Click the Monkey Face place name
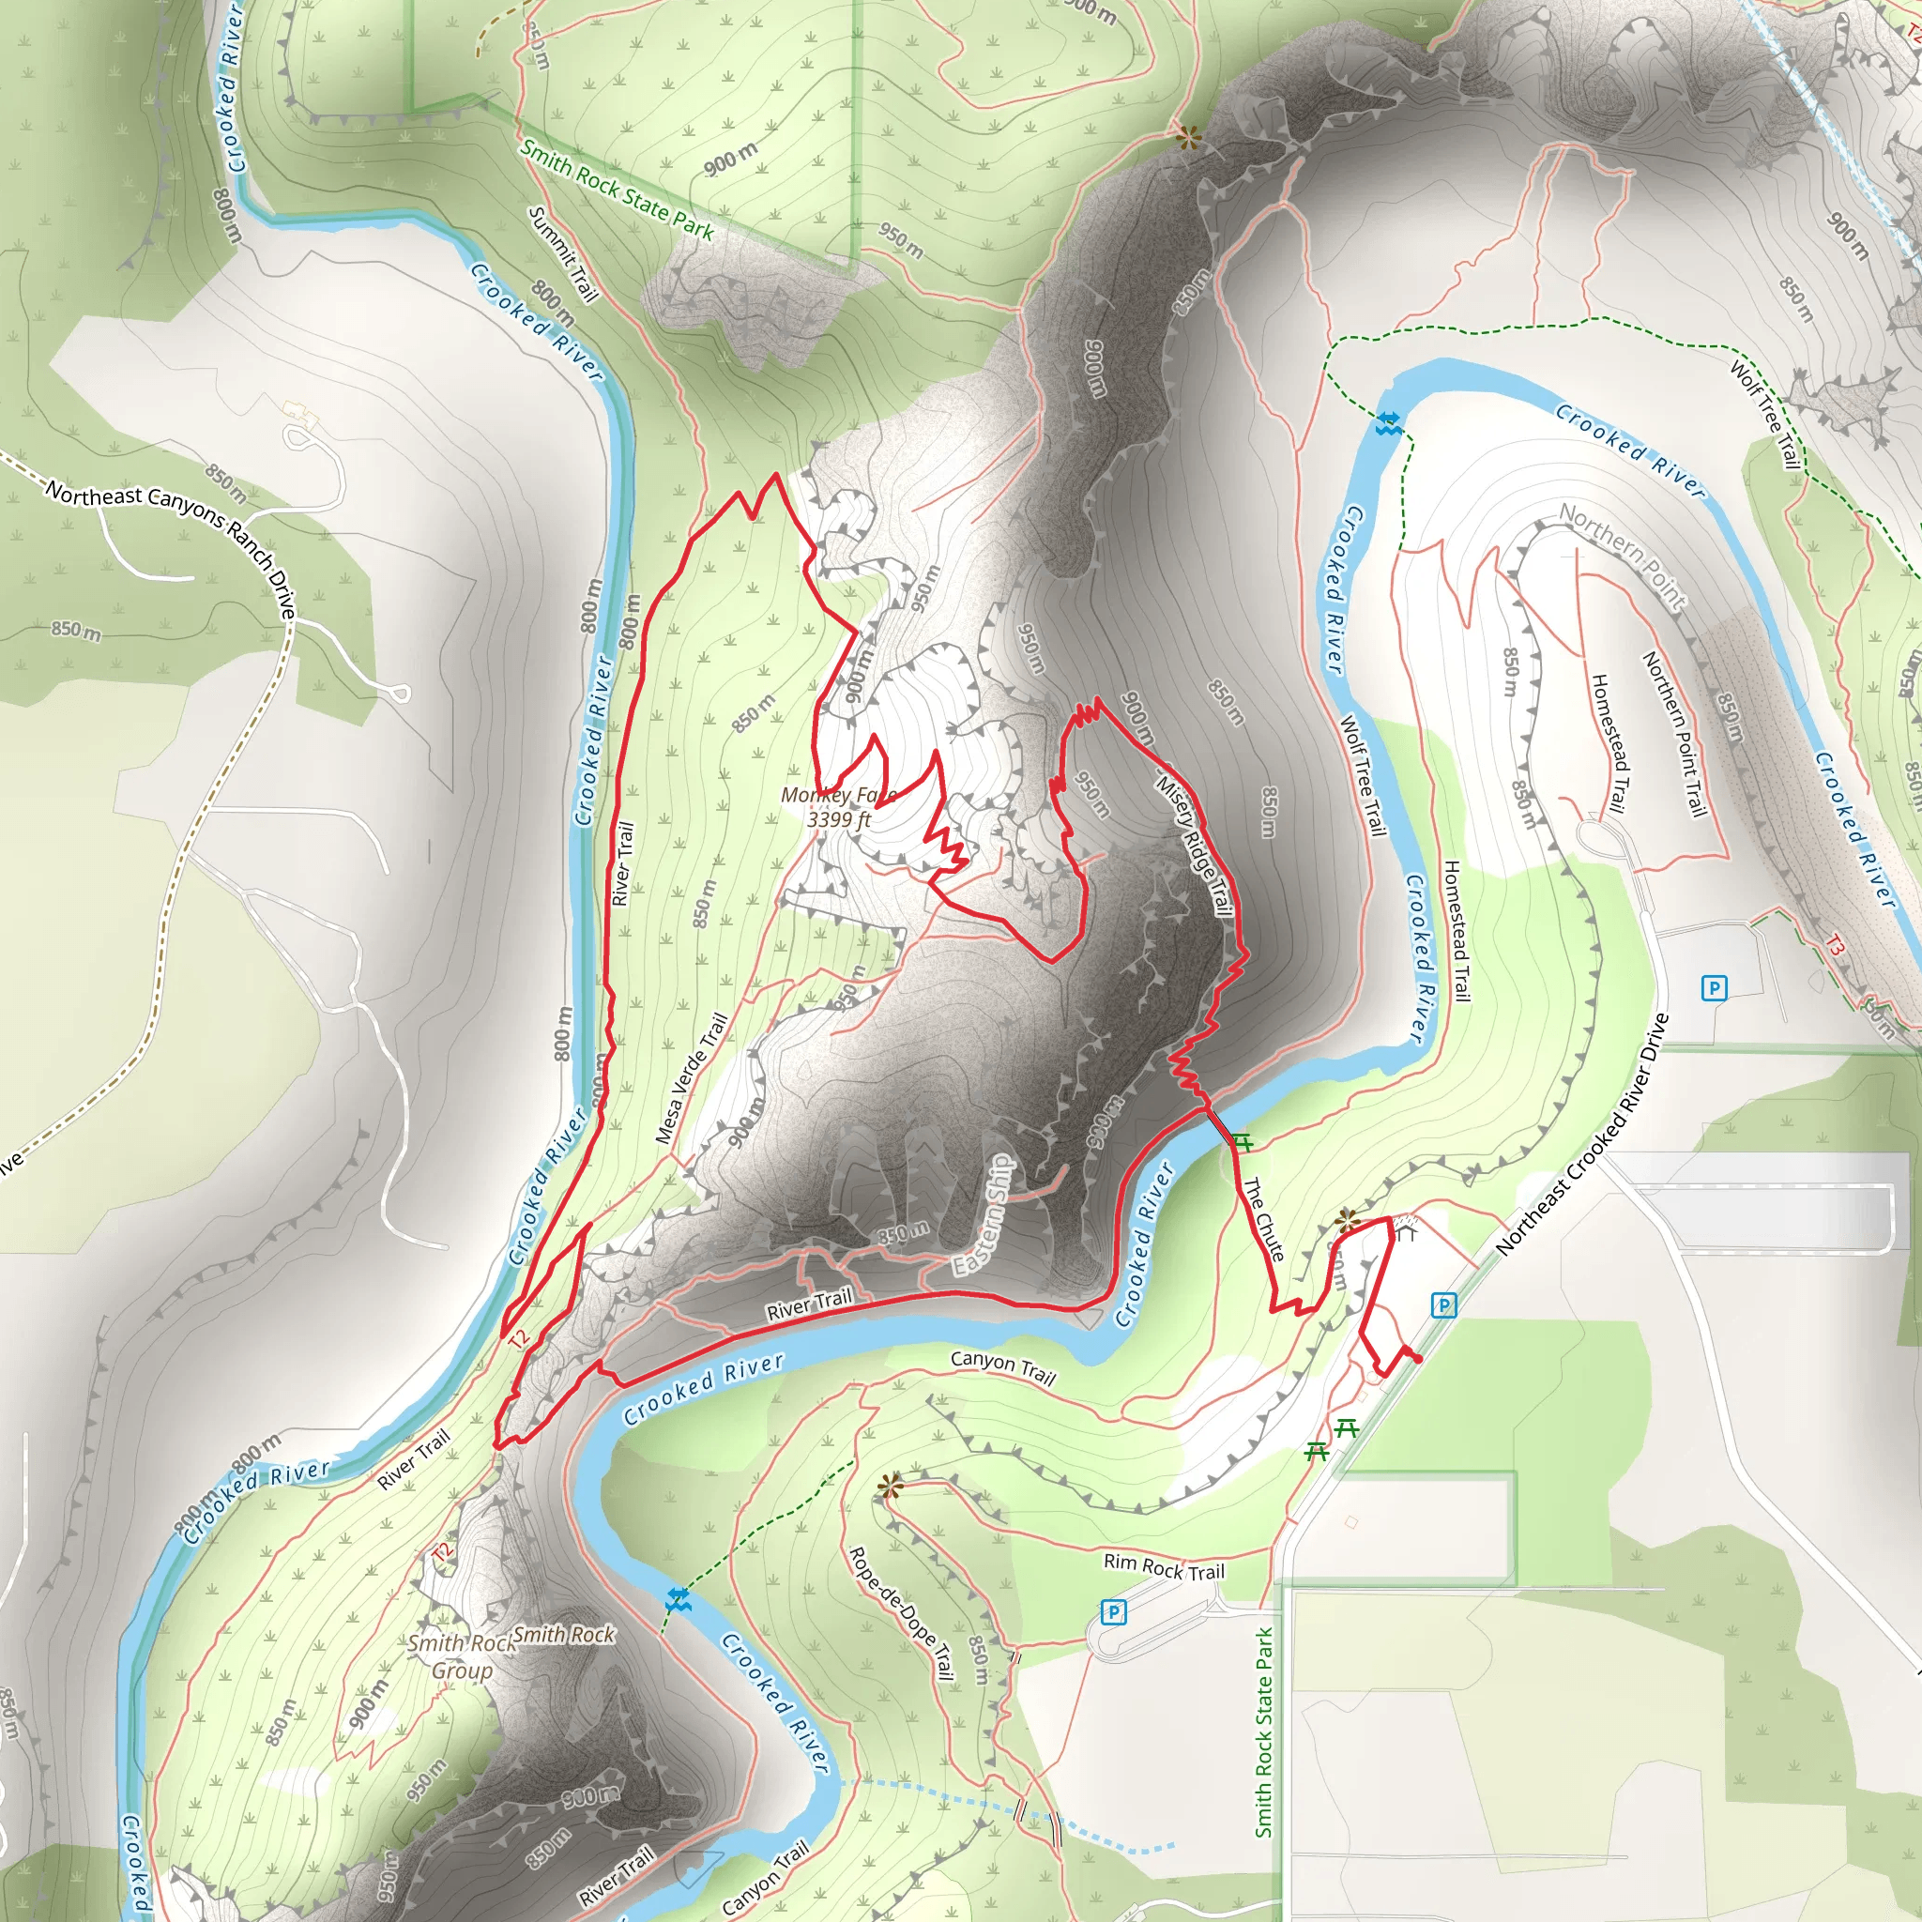(x=838, y=795)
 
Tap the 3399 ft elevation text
(x=838, y=819)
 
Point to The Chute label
(x=1263, y=1220)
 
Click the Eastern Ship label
(x=983, y=1214)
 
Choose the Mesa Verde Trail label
(x=692, y=1078)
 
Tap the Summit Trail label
(x=563, y=253)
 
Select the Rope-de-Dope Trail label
(x=900, y=1611)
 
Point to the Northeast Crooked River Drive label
(x=1581, y=1134)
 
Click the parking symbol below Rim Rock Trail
(x=1113, y=1611)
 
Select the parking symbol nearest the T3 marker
(x=1713, y=988)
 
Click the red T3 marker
(x=1836, y=947)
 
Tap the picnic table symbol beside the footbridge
(x=1242, y=1140)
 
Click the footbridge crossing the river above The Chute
(x=1221, y=1126)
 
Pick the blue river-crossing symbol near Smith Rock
(x=679, y=1601)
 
